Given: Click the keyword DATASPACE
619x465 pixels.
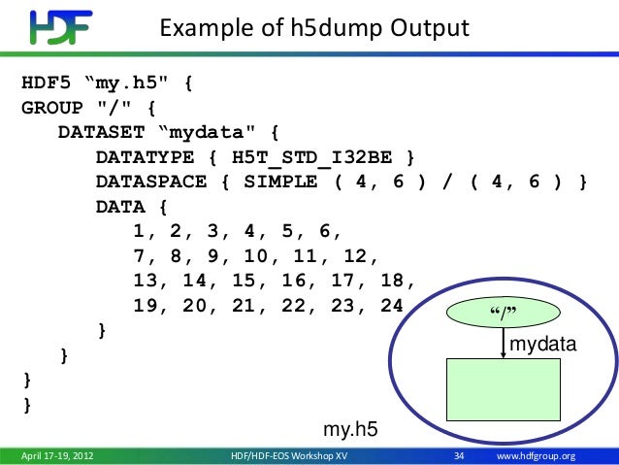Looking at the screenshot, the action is tap(149, 182).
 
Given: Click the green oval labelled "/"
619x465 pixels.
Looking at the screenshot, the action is tap(502, 313).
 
